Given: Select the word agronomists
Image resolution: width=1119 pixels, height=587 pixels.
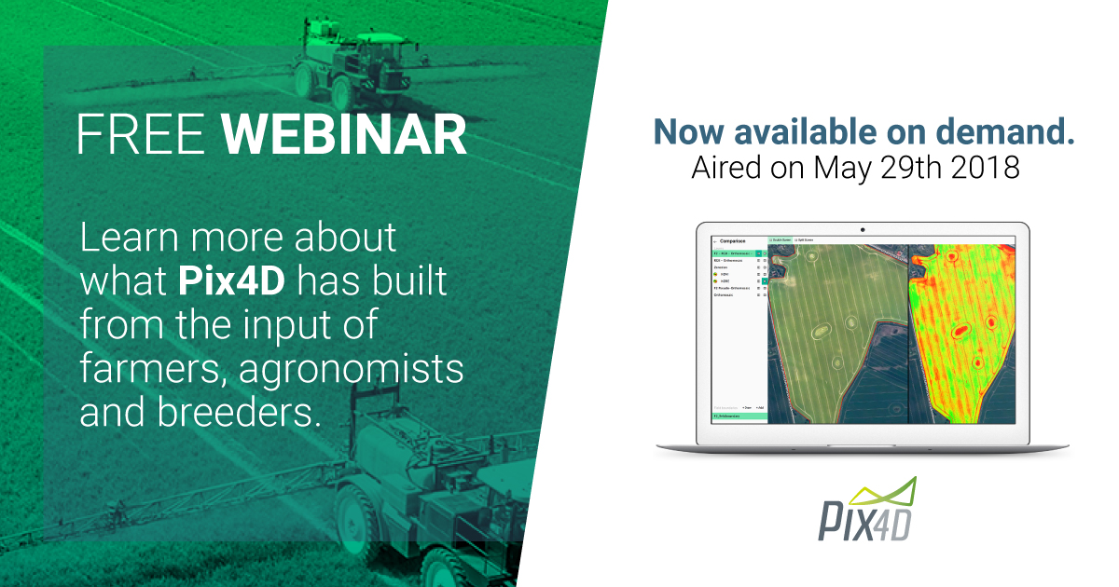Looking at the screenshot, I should [x=352, y=370].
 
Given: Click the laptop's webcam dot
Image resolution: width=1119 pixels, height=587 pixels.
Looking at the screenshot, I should [x=862, y=229].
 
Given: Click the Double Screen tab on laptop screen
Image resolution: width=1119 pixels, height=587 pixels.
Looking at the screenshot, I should [x=780, y=239].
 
